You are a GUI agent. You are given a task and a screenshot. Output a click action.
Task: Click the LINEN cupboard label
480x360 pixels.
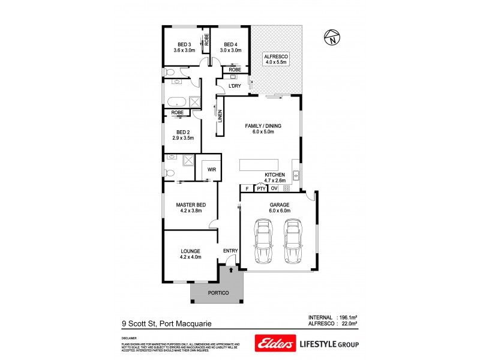click(x=220, y=118)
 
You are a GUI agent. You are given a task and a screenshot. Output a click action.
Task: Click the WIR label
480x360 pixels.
click(x=211, y=170)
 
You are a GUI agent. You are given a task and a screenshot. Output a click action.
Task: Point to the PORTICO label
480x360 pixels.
click(x=218, y=293)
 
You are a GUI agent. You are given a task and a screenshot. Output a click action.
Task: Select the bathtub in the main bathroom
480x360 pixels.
click(x=177, y=101)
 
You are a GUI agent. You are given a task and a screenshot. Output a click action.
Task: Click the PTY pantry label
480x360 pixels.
click(x=260, y=188)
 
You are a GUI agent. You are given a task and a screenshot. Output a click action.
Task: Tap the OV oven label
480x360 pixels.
click(x=274, y=188)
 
